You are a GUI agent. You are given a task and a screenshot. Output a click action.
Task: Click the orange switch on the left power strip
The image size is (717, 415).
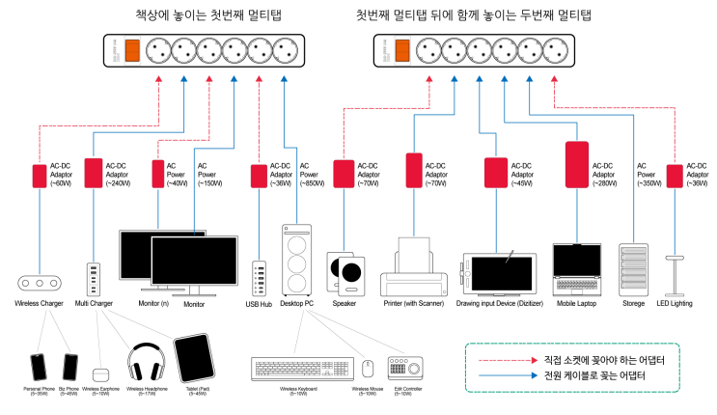(x=132, y=50)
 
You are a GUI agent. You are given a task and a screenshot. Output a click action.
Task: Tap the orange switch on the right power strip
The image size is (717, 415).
(x=402, y=50)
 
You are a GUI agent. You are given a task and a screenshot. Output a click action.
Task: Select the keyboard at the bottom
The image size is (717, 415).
(x=302, y=369)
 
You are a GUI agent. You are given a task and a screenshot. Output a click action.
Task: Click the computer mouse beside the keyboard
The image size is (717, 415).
(x=368, y=369)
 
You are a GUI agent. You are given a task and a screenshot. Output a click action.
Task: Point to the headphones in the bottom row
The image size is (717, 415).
(x=147, y=364)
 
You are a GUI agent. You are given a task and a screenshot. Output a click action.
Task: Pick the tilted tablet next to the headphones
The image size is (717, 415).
(x=194, y=358)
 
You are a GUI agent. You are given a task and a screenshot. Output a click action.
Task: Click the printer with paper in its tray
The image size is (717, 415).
(x=414, y=270)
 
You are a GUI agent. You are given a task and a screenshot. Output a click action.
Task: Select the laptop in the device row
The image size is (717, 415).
(x=577, y=269)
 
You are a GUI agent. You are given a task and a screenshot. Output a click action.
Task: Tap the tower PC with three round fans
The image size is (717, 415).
(x=297, y=260)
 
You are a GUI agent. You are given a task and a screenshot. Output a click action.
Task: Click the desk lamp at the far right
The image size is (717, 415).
(x=675, y=275)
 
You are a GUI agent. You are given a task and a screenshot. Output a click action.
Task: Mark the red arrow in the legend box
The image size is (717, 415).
(x=509, y=360)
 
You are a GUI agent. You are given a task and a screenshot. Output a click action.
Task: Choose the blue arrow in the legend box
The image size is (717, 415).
(x=509, y=375)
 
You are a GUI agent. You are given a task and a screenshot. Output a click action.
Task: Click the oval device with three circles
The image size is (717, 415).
(x=40, y=283)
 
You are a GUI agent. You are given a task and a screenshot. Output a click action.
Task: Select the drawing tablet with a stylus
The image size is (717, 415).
(x=499, y=273)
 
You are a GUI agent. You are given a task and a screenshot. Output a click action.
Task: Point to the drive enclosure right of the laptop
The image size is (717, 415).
(x=634, y=269)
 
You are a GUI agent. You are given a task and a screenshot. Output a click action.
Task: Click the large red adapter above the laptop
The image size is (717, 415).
(x=577, y=164)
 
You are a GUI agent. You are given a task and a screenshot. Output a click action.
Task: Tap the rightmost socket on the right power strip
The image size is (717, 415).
(x=555, y=50)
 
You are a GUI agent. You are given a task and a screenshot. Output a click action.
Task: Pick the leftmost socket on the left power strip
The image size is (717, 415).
(x=158, y=50)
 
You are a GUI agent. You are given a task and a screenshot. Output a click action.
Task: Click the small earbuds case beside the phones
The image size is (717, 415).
(x=100, y=374)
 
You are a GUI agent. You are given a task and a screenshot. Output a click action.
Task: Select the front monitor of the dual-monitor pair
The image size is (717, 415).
(x=194, y=262)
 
